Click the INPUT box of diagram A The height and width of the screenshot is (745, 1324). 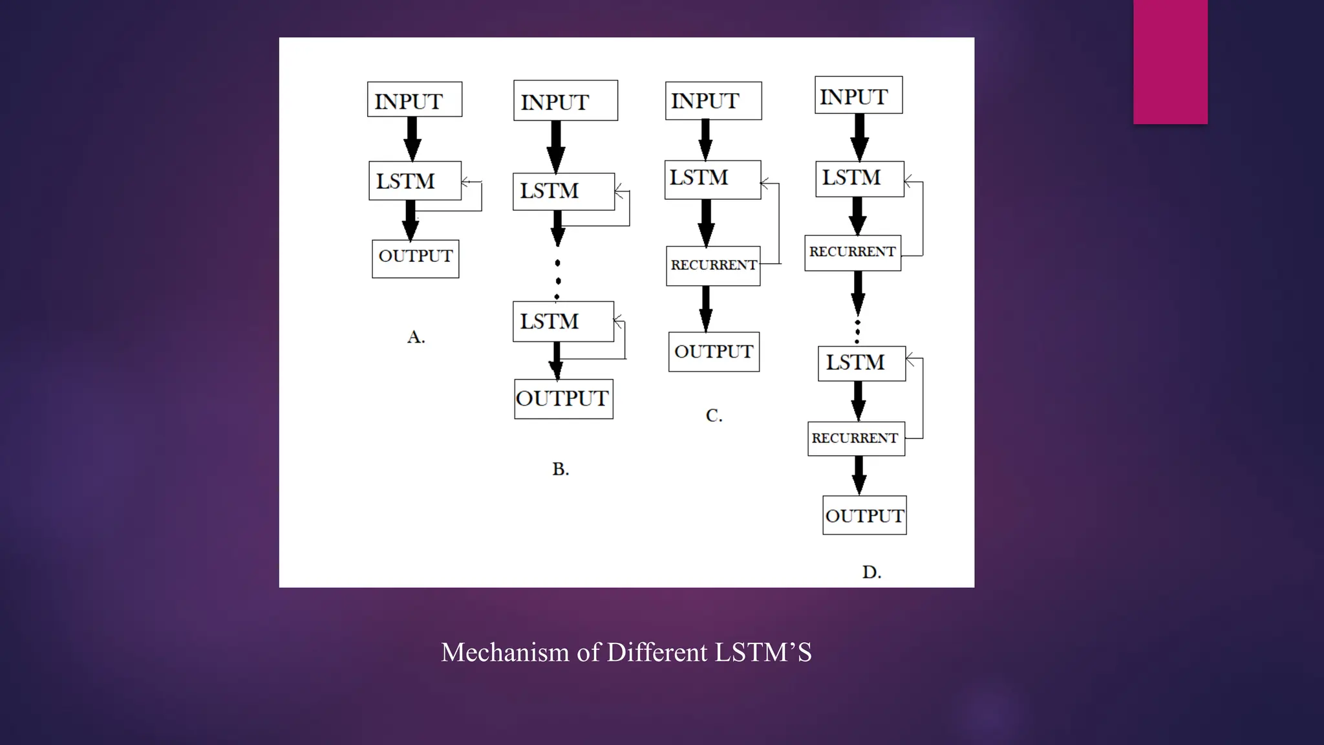click(x=414, y=100)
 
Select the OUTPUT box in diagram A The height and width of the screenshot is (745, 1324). click(x=416, y=259)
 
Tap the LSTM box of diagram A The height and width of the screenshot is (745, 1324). click(x=415, y=180)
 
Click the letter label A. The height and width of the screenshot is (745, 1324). click(x=416, y=337)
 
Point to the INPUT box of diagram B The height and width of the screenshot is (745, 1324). click(x=566, y=100)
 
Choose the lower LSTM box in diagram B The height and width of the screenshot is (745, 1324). click(x=563, y=321)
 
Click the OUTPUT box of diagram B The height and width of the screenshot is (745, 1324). click(x=564, y=399)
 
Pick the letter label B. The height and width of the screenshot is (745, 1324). click(x=561, y=469)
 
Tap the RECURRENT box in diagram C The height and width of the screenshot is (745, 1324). click(x=713, y=266)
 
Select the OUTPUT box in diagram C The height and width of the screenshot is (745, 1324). click(x=714, y=352)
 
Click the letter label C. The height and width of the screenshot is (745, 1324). click(x=714, y=415)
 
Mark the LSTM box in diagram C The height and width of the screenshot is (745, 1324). click(x=712, y=179)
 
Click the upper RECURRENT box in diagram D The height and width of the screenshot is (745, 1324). click(x=853, y=253)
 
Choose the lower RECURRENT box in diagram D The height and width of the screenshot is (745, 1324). click(x=856, y=438)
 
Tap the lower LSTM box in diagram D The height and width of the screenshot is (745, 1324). click(x=862, y=363)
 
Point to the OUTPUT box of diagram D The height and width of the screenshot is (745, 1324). click(x=864, y=515)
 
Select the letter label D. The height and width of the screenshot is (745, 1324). click(x=871, y=572)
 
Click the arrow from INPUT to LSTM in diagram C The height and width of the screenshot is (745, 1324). click(x=705, y=140)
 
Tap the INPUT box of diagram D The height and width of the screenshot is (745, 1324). click(x=859, y=95)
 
